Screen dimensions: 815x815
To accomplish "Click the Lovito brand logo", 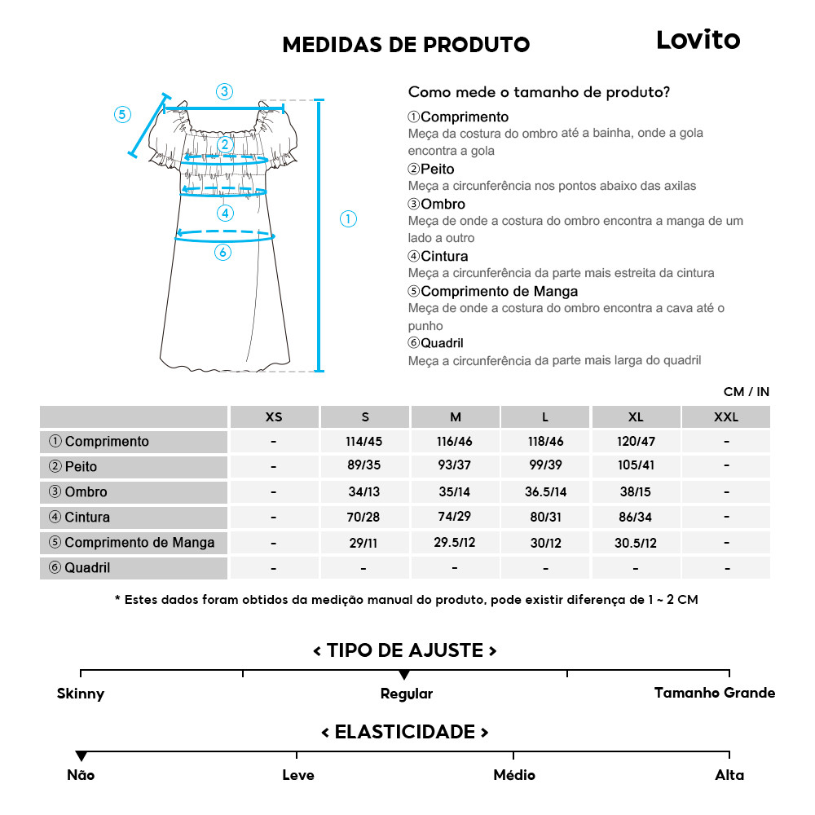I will tap(698, 40).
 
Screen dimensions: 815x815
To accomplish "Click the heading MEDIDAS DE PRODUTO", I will tap(406, 44).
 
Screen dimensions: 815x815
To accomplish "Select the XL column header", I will tap(636, 417).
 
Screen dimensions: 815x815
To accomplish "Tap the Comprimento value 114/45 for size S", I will tap(364, 442).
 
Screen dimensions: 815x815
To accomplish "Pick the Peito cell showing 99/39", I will tap(545, 467).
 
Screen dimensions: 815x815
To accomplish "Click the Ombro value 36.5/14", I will tap(545, 492).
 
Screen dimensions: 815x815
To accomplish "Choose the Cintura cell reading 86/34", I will tap(636, 518).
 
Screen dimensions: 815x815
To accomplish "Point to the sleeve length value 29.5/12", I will tap(455, 543).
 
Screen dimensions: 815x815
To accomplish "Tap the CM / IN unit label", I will tap(746, 392).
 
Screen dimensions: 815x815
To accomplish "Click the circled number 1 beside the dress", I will tap(348, 218).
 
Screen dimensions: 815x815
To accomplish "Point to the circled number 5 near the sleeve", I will tap(122, 114).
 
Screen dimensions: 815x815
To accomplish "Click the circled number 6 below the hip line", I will tap(223, 253).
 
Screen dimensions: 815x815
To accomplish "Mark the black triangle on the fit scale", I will tap(404, 675).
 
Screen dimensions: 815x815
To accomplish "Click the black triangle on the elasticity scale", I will tap(81, 756).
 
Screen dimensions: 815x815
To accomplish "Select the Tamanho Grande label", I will tap(714, 693).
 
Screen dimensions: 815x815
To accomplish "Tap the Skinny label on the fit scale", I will tap(81, 694).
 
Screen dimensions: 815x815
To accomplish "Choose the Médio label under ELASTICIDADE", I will tap(514, 775).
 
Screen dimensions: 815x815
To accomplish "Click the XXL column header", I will tap(725, 417).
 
